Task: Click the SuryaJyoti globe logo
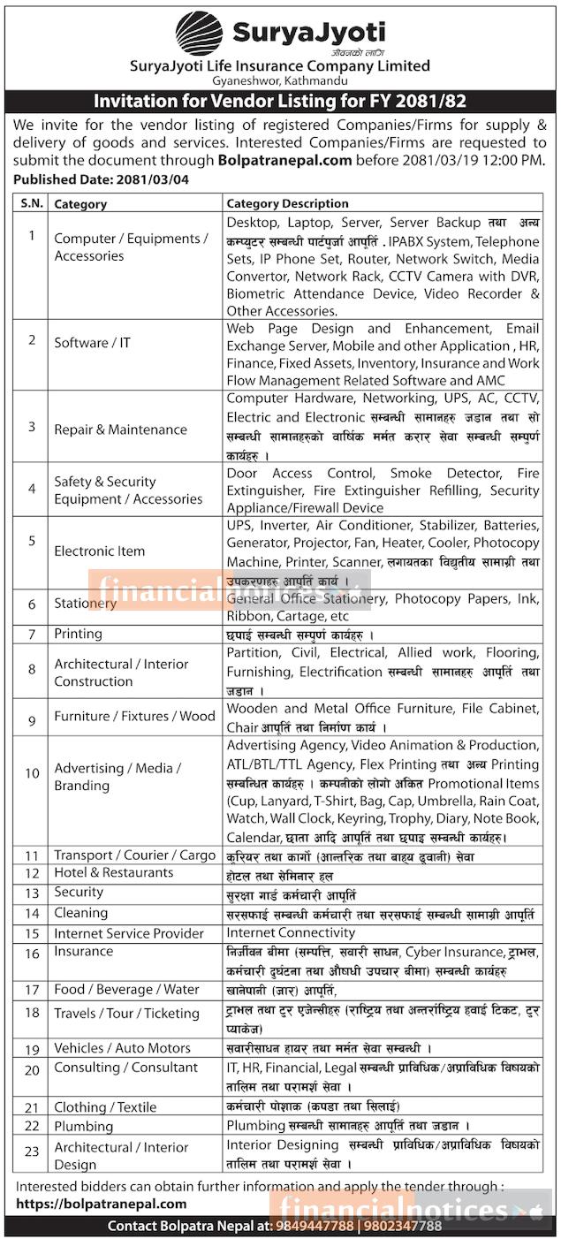199,34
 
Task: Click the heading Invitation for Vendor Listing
280,102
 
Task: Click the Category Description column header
287,203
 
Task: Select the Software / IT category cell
92,342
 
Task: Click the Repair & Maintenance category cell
120,429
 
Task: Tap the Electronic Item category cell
99,551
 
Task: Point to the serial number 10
32,773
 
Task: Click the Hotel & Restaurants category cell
113,872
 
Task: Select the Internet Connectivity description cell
291,932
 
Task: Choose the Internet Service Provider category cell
128,933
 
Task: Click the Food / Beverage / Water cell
126,990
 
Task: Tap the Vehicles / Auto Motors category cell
122,1048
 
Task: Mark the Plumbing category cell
83,1126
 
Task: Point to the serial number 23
32,1154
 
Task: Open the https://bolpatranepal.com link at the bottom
102,1203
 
